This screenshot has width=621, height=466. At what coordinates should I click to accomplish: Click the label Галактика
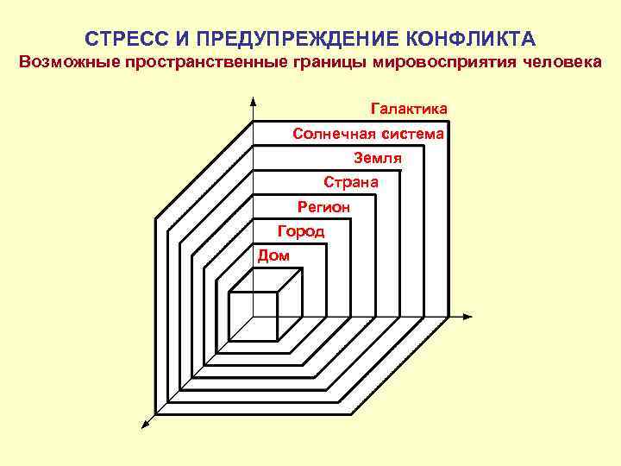(x=409, y=110)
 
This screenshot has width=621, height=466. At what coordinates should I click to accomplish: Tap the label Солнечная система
(x=368, y=134)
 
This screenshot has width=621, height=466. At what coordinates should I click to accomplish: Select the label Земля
(x=378, y=158)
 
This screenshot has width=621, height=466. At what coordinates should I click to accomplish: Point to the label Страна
(x=350, y=182)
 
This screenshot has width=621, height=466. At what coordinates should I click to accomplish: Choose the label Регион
(x=323, y=206)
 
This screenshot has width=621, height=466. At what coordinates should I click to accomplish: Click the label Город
(x=300, y=230)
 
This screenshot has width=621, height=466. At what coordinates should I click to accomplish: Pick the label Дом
(x=273, y=255)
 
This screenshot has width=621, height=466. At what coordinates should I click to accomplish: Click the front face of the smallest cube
(x=253, y=317)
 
